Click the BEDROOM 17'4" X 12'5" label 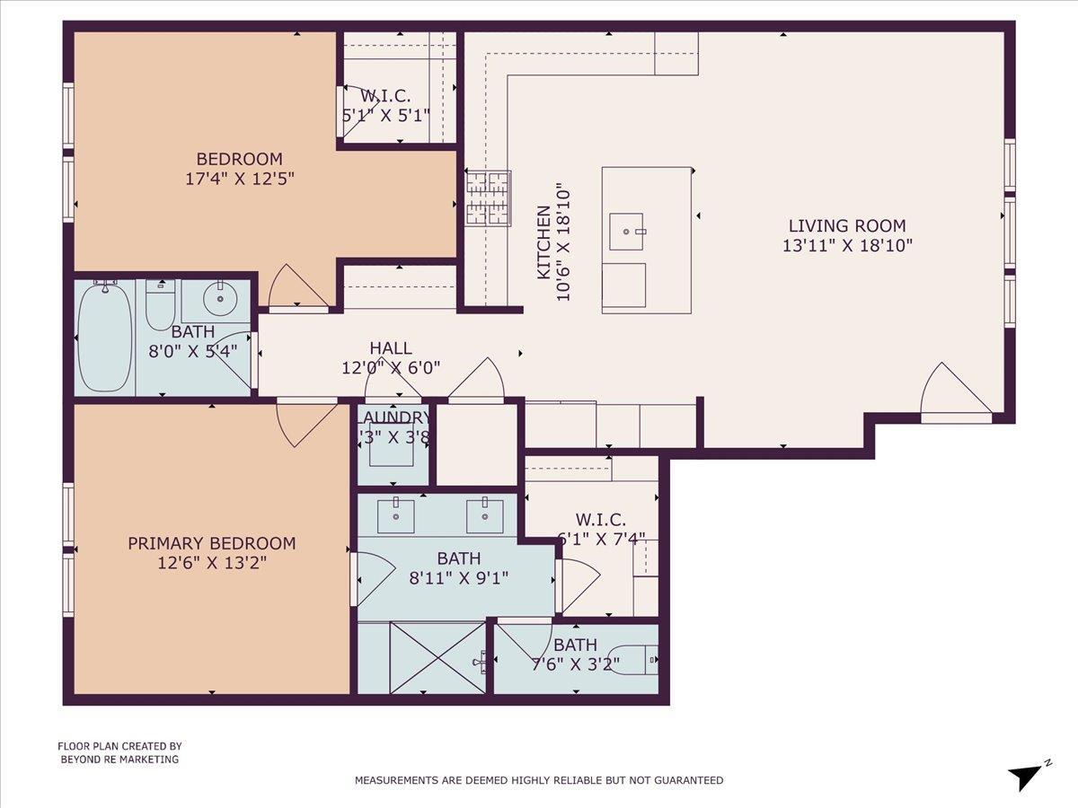coord(239,169)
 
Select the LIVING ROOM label coord(847,235)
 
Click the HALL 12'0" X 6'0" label coord(391,357)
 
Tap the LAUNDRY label coord(393,417)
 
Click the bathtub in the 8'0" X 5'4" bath coord(104,337)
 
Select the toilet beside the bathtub coord(160,306)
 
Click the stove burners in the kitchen coord(487,198)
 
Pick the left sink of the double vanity coord(395,515)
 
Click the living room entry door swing coord(955,393)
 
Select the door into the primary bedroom coord(307,422)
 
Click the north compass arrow coord(1026,776)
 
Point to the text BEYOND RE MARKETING coord(119,760)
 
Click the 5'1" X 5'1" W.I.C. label coord(386,106)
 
